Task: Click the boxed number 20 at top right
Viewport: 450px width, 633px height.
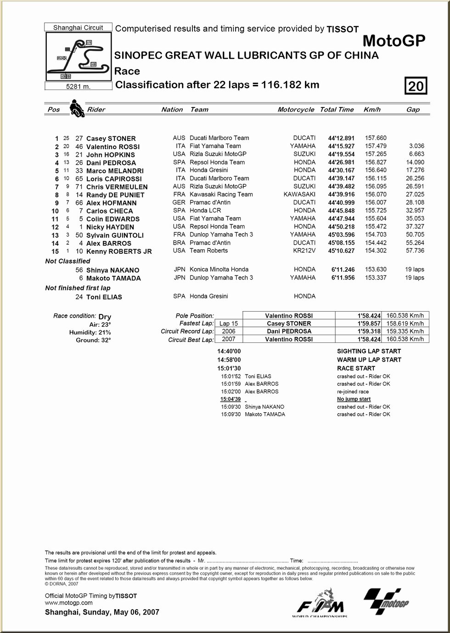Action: coord(416,86)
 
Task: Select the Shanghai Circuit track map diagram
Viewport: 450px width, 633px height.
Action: coord(79,57)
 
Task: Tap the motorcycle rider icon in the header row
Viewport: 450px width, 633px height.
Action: coord(77,109)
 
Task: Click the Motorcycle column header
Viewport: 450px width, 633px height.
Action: coord(296,110)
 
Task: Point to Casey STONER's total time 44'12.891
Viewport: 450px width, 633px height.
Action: coord(341,138)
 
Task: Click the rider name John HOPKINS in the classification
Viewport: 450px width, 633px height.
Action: coord(111,155)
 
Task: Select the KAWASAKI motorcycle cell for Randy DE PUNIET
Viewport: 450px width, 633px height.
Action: coord(299,195)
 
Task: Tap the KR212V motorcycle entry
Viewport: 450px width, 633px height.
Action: coord(304,251)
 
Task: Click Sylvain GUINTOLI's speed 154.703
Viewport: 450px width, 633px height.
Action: coord(376,235)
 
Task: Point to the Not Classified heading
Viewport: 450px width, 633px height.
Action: coord(67,261)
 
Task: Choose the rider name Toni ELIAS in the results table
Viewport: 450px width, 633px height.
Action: coord(104,297)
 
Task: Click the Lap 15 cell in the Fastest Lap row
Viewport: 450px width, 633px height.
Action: coord(228,324)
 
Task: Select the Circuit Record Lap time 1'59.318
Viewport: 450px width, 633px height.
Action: coord(369,331)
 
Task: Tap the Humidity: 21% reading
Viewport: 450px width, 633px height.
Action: coord(90,332)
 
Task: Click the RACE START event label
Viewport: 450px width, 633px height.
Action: coord(356,368)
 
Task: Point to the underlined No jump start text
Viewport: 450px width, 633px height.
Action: coord(354,399)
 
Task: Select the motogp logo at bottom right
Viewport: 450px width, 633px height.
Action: coord(386,601)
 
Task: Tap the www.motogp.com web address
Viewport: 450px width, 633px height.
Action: coord(69,603)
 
